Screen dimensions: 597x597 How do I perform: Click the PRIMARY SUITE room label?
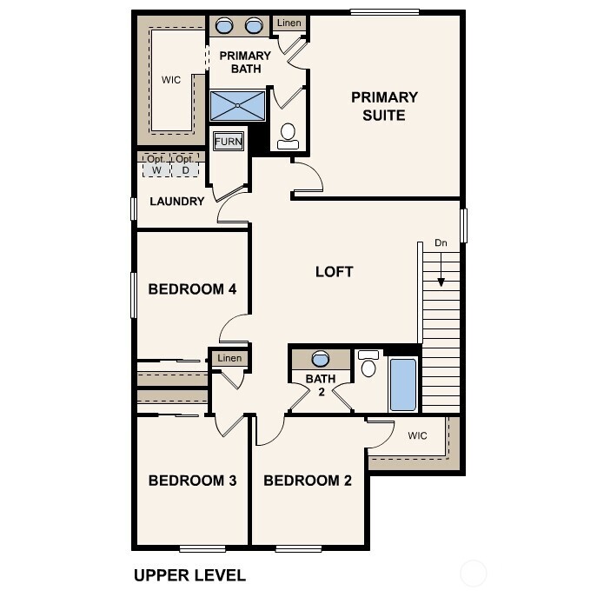(x=384, y=106)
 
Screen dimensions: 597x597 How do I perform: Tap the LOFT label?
(x=334, y=272)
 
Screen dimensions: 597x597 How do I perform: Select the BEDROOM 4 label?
(x=192, y=289)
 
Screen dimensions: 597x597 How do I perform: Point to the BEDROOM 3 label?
(x=192, y=481)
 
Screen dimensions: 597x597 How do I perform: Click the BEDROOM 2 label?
(x=308, y=481)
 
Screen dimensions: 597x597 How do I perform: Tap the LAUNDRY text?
(x=177, y=202)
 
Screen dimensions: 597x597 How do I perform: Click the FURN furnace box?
(x=229, y=142)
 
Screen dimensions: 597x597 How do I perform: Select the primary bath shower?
(x=237, y=106)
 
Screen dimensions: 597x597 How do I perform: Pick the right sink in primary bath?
(x=255, y=25)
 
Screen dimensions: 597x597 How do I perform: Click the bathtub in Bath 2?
(x=402, y=383)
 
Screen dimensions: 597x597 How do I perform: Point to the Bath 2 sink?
(x=320, y=359)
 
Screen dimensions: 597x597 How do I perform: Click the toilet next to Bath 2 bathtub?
(x=368, y=365)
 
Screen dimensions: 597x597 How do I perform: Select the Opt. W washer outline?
(x=156, y=165)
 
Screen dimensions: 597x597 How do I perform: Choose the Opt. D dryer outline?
(x=184, y=165)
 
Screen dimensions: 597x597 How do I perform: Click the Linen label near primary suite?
(x=289, y=23)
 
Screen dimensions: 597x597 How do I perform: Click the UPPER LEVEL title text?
(x=189, y=575)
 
